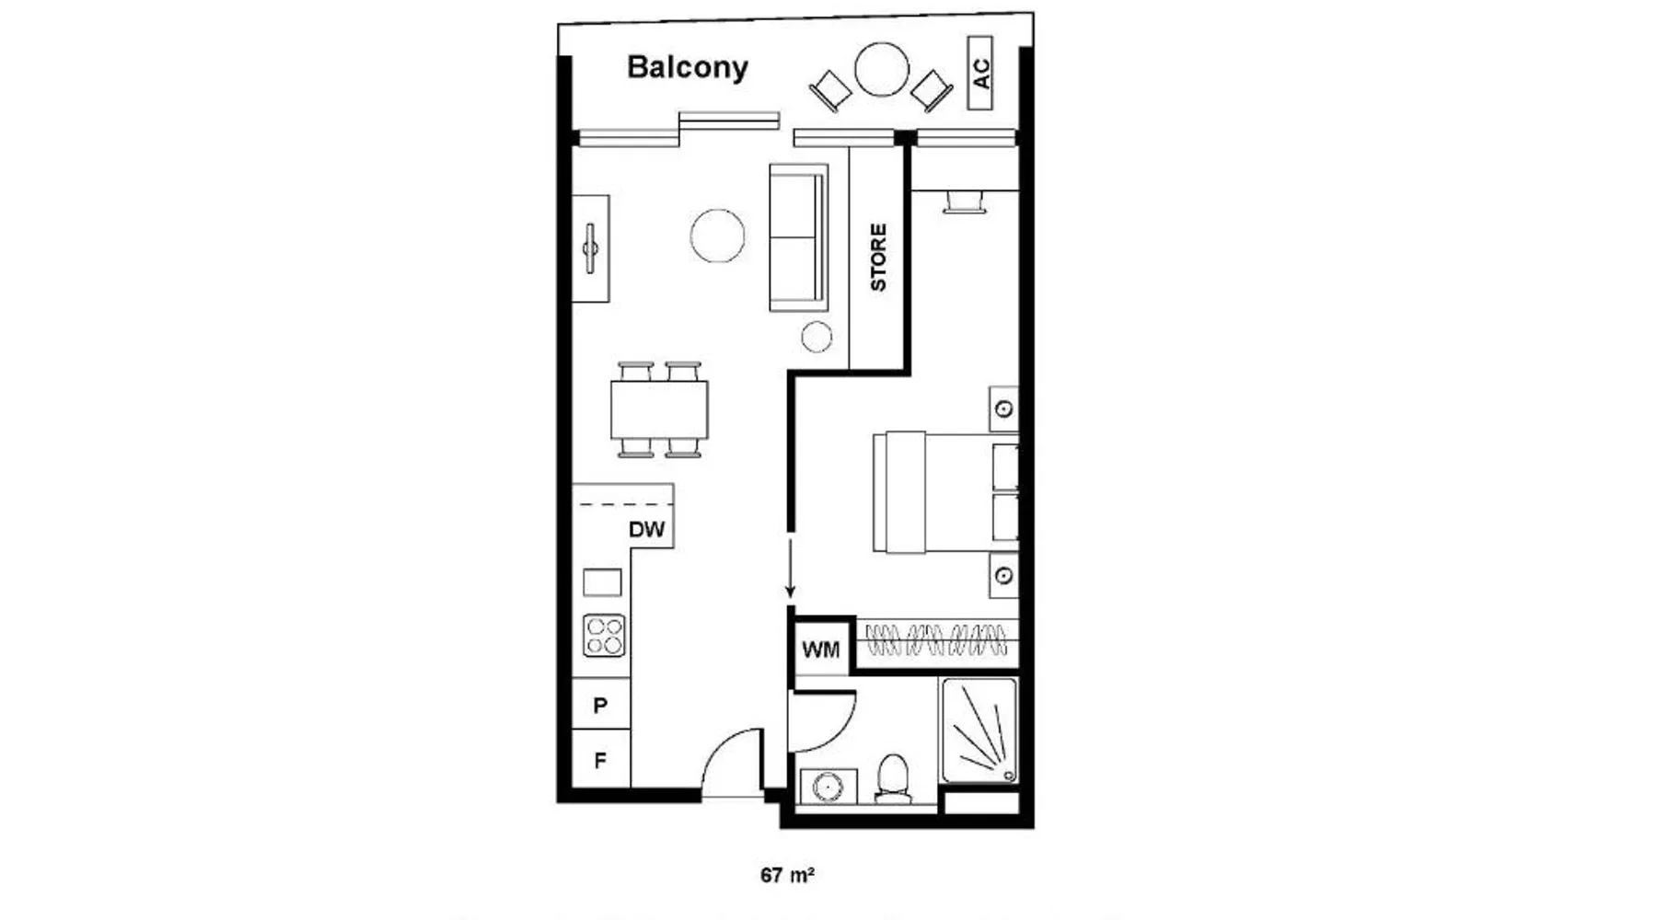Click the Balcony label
click(x=687, y=67)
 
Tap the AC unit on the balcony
click(x=980, y=73)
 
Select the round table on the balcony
click(x=881, y=70)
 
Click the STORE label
click(x=878, y=258)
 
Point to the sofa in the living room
click(x=797, y=237)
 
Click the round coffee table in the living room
click(x=717, y=236)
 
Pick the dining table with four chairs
click(x=659, y=409)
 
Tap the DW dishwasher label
click(x=646, y=530)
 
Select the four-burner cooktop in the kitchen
click(x=604, y=635)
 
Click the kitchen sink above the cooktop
click(x=602, y=582)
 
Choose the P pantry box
click(x=600, y=706)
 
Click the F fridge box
click(x=600, y=761)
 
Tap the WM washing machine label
click(x=820, y=650)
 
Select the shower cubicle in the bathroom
click(x=979, y=730)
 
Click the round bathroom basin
click(x=828, y=788)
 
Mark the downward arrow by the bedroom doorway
click(x=790, y=570)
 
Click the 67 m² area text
click(x=787, y=875)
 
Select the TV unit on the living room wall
click(x=590, y=248)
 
